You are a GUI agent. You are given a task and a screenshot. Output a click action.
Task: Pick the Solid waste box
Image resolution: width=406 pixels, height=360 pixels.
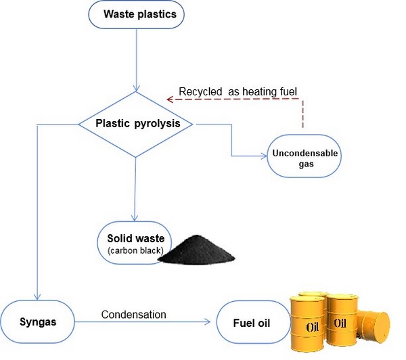coord(135,242)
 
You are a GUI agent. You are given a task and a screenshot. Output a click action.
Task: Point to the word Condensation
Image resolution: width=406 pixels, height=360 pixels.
coord(133,314)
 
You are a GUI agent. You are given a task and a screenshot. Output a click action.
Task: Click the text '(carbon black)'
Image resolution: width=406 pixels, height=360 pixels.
coord(135,252)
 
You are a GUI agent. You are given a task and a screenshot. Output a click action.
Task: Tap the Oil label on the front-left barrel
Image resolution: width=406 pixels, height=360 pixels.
coord(312,328)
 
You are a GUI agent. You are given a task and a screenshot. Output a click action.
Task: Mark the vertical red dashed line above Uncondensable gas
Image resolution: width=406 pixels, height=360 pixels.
coord(303,114)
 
